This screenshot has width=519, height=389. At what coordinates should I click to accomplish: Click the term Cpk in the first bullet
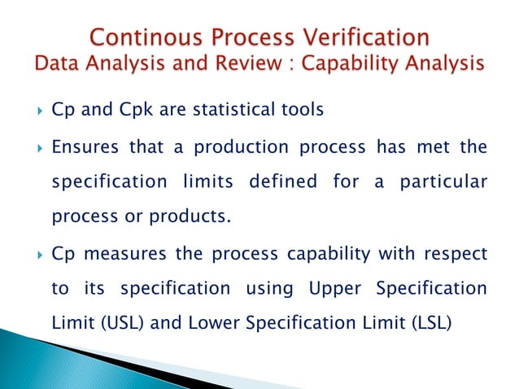124,108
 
